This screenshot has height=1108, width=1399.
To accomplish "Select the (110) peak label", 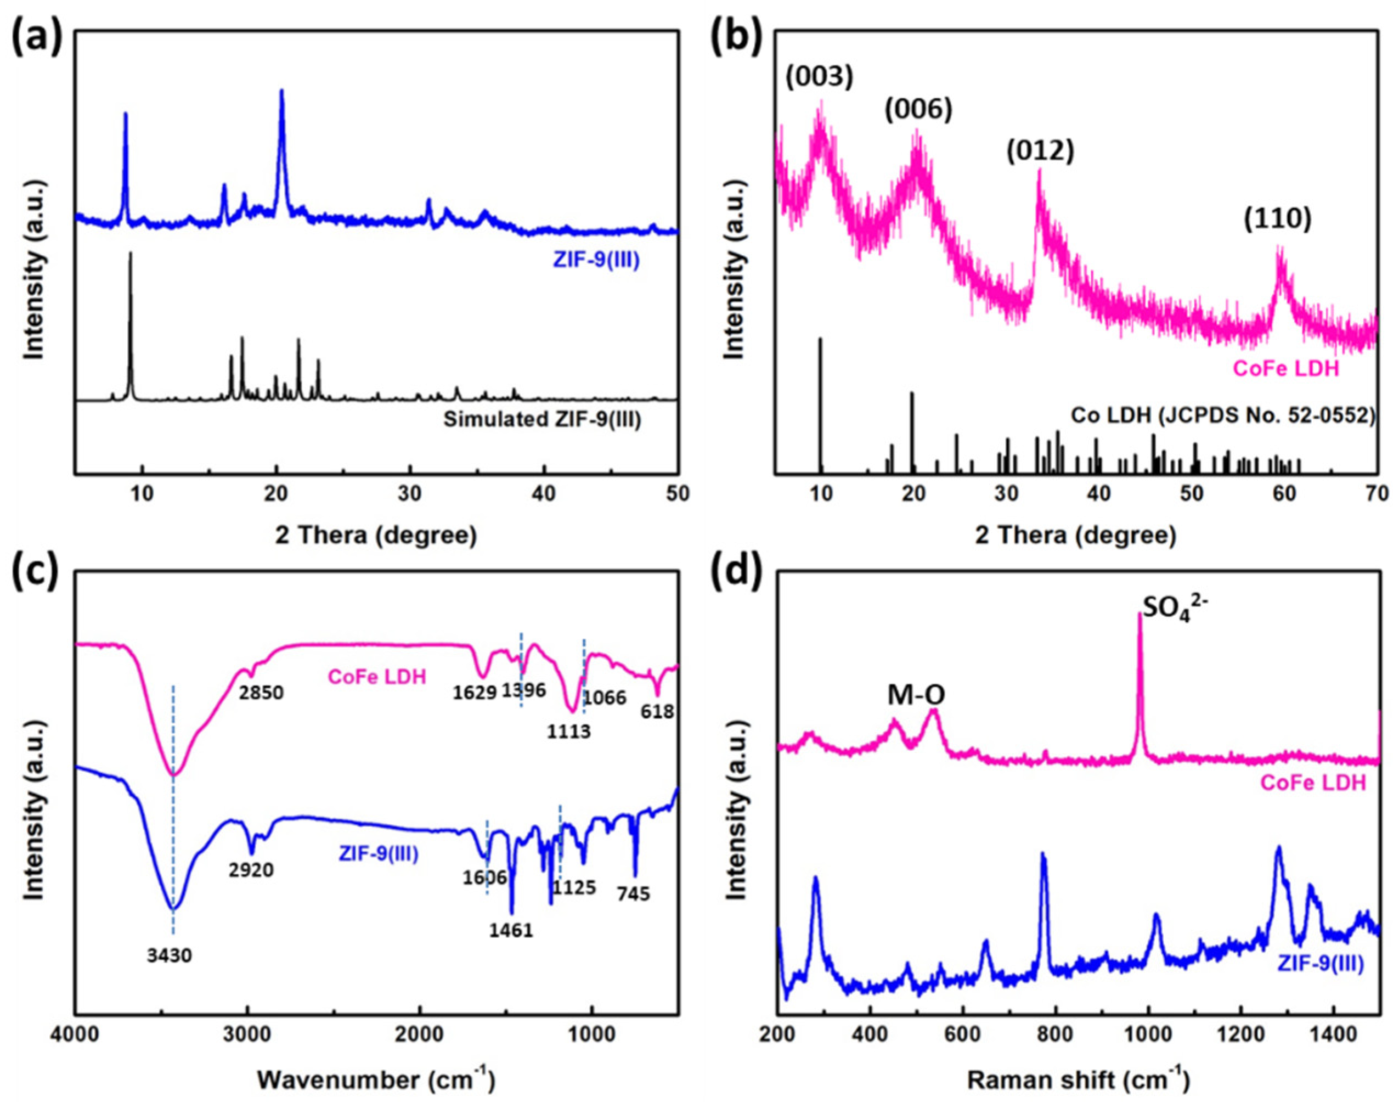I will pos(1277,220).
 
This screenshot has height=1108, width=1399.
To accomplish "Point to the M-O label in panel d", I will pos(916,695).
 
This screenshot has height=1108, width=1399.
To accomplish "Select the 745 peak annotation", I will pos(633,895).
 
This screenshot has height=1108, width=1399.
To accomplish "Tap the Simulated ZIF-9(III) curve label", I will pos(541,420).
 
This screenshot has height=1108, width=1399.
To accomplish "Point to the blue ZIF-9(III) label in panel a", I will pos(596,261).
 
